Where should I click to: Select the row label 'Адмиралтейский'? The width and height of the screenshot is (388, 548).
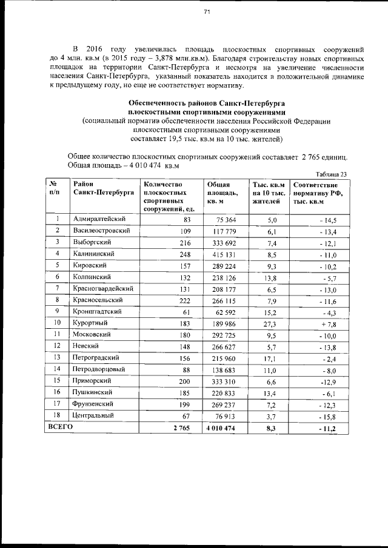tap(99, 219)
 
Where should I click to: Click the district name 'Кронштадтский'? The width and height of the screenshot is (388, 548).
tap(98, 311)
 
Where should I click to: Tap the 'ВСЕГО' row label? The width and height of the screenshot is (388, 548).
tap(61, 427)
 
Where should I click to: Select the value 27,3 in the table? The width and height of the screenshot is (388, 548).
tap(269, 323)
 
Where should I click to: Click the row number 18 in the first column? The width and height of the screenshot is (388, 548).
tap(56, 416)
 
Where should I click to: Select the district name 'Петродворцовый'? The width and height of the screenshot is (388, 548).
tap(99, 369)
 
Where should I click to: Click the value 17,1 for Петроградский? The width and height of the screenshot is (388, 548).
tap(269, 358)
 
